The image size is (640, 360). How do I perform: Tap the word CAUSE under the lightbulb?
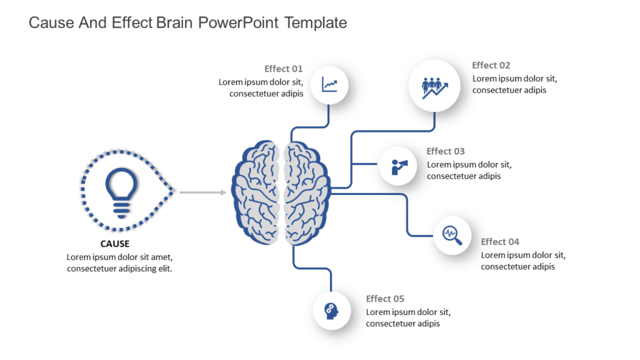point(115,244)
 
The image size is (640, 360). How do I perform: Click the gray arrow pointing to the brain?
point(202,192)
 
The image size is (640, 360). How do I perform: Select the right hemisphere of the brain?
point(306,192)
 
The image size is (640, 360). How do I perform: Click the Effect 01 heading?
point(283,69)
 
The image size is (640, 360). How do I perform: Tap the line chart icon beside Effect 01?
point(329,84)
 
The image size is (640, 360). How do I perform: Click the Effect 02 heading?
point(491,65)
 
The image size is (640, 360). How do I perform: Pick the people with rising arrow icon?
point(434,86)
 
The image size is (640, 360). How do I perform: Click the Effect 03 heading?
point(446,151)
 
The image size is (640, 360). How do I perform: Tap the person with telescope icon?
point(399,166)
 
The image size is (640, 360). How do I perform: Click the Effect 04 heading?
point(500,242)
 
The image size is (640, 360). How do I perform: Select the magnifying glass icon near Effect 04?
point(452,235)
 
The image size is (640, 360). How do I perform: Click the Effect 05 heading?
point(385,299)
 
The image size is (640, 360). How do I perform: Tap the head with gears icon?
point(331,310)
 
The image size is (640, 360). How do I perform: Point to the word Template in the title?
point(315,23)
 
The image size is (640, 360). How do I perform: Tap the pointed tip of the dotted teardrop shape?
point(175,192)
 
